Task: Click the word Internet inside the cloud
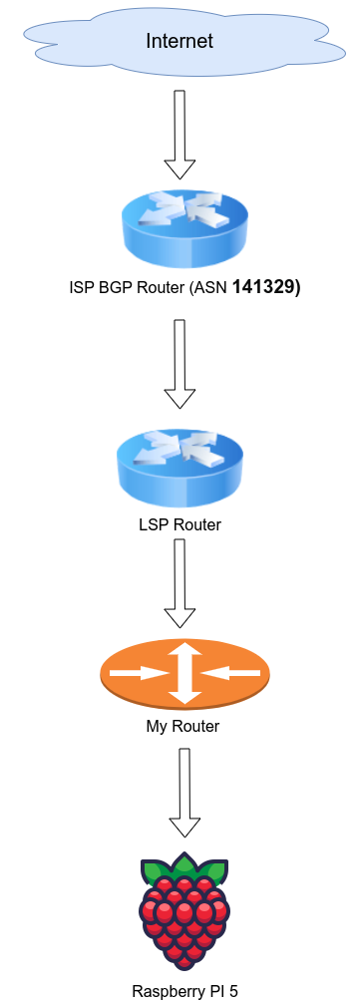click(180, 41)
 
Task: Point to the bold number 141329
click(264, 288)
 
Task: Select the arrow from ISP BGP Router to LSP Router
click(180, 363)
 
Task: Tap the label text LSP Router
click(180, 524)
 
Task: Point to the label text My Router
click(182, 726)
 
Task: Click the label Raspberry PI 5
click(184, 991)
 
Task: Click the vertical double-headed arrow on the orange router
click(184, 673)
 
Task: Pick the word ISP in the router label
click(81, 289)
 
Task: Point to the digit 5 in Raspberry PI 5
click(232, 991)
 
